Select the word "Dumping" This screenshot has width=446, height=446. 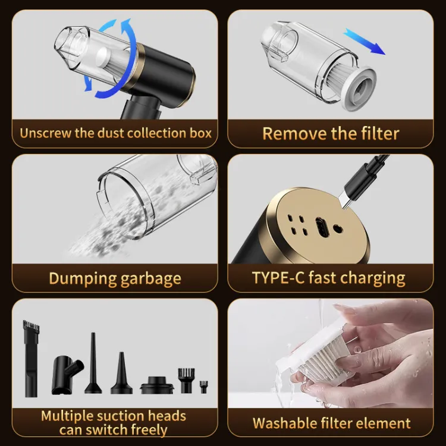(x=83, y=279)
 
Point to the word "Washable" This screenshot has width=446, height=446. (x=285, y=423)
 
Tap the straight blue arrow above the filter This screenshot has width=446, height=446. (x=365, y=42)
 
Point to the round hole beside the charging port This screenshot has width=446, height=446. (x=338, y=229)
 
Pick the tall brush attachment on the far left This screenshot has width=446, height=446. (x=31, y=359)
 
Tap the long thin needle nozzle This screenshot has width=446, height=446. (x=93, y=363)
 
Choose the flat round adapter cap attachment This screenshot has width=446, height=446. (x=157, y=385)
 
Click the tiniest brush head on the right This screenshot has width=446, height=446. (x=203, y=387)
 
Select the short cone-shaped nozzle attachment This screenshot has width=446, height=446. (x=121, y=373)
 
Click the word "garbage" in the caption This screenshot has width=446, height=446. (x=151, y=279)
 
